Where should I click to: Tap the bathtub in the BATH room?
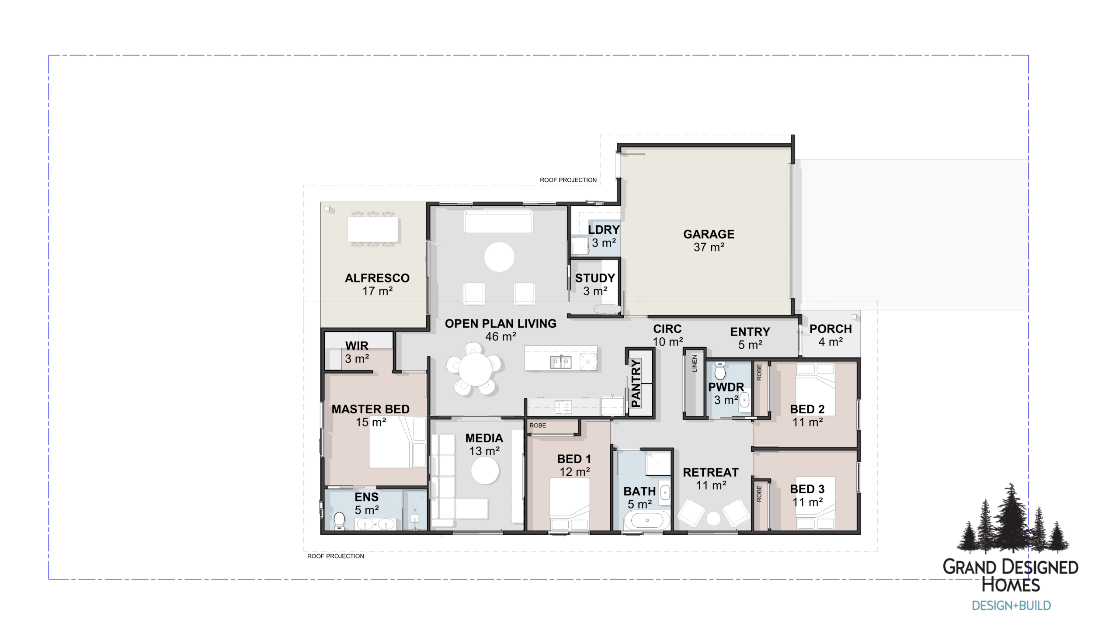[647, 520]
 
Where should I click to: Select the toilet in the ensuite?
[339, 521]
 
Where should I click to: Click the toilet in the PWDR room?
[719, 372]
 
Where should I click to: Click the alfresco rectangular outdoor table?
[373, 229]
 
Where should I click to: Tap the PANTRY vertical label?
[636, 383]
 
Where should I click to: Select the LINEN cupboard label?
[695, 363]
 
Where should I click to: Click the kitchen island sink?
[560, 362]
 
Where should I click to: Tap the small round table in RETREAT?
[713, 519]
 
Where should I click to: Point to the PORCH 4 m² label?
[830, 335]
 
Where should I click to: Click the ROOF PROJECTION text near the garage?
[568, 180]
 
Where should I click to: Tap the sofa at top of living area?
[498, 222]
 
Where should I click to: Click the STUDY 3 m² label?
[595, 284]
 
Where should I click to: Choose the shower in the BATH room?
[658, 462]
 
